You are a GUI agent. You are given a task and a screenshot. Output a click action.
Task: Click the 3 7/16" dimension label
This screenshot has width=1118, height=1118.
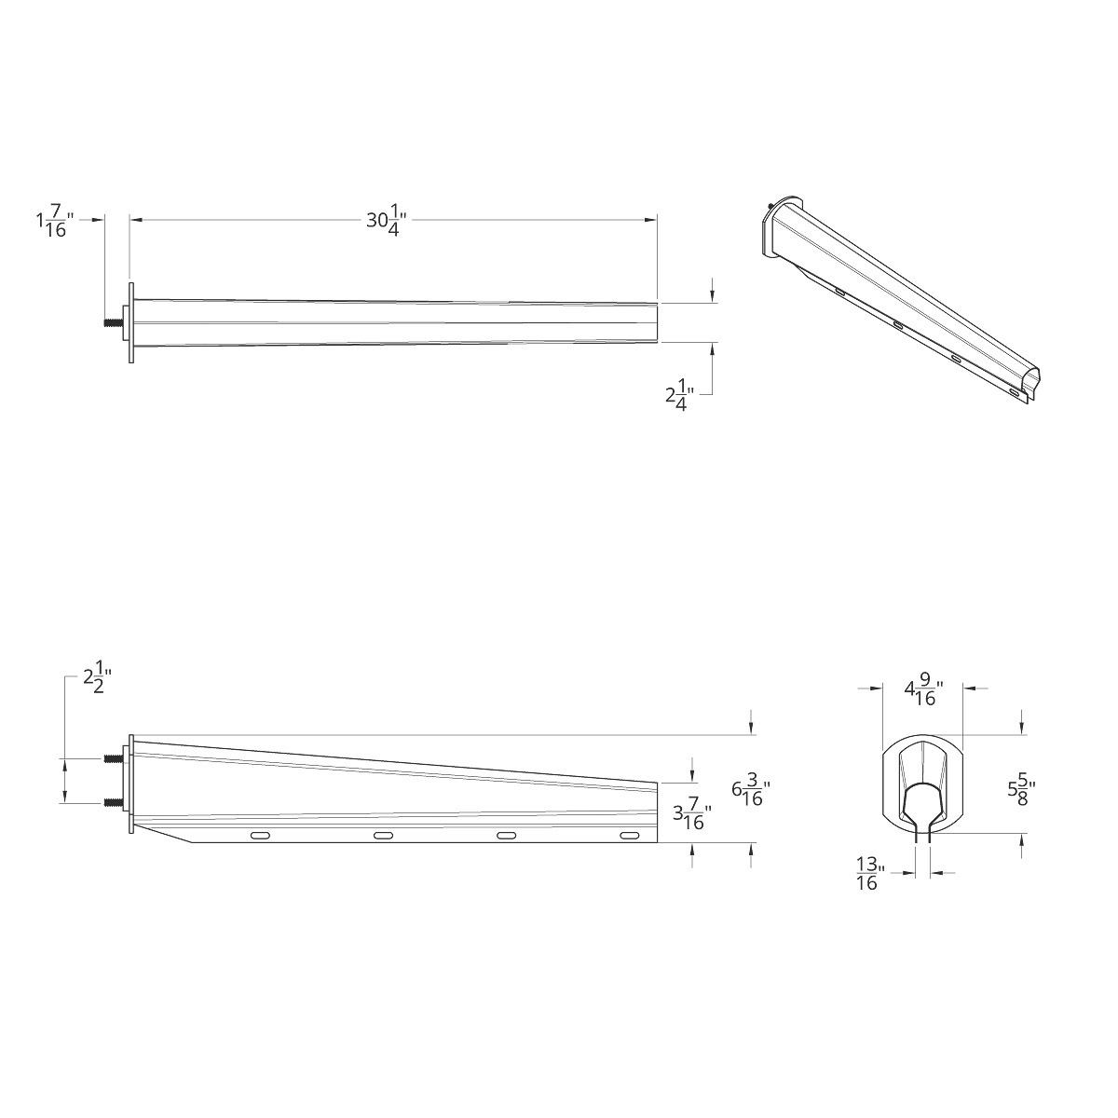tap(692, 817)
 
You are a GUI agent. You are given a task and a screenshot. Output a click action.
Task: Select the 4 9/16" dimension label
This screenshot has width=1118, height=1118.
tap(923, 691)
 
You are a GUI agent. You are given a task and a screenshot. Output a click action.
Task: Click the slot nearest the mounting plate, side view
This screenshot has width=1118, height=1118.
tap(261, 837)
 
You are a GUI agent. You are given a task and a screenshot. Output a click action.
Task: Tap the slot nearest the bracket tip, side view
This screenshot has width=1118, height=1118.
tap(630, 837)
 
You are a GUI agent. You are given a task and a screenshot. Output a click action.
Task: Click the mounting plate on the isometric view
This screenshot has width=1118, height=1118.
tap(771, 228)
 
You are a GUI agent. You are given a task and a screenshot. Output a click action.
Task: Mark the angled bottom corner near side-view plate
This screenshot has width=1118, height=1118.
tap(191, 842)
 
